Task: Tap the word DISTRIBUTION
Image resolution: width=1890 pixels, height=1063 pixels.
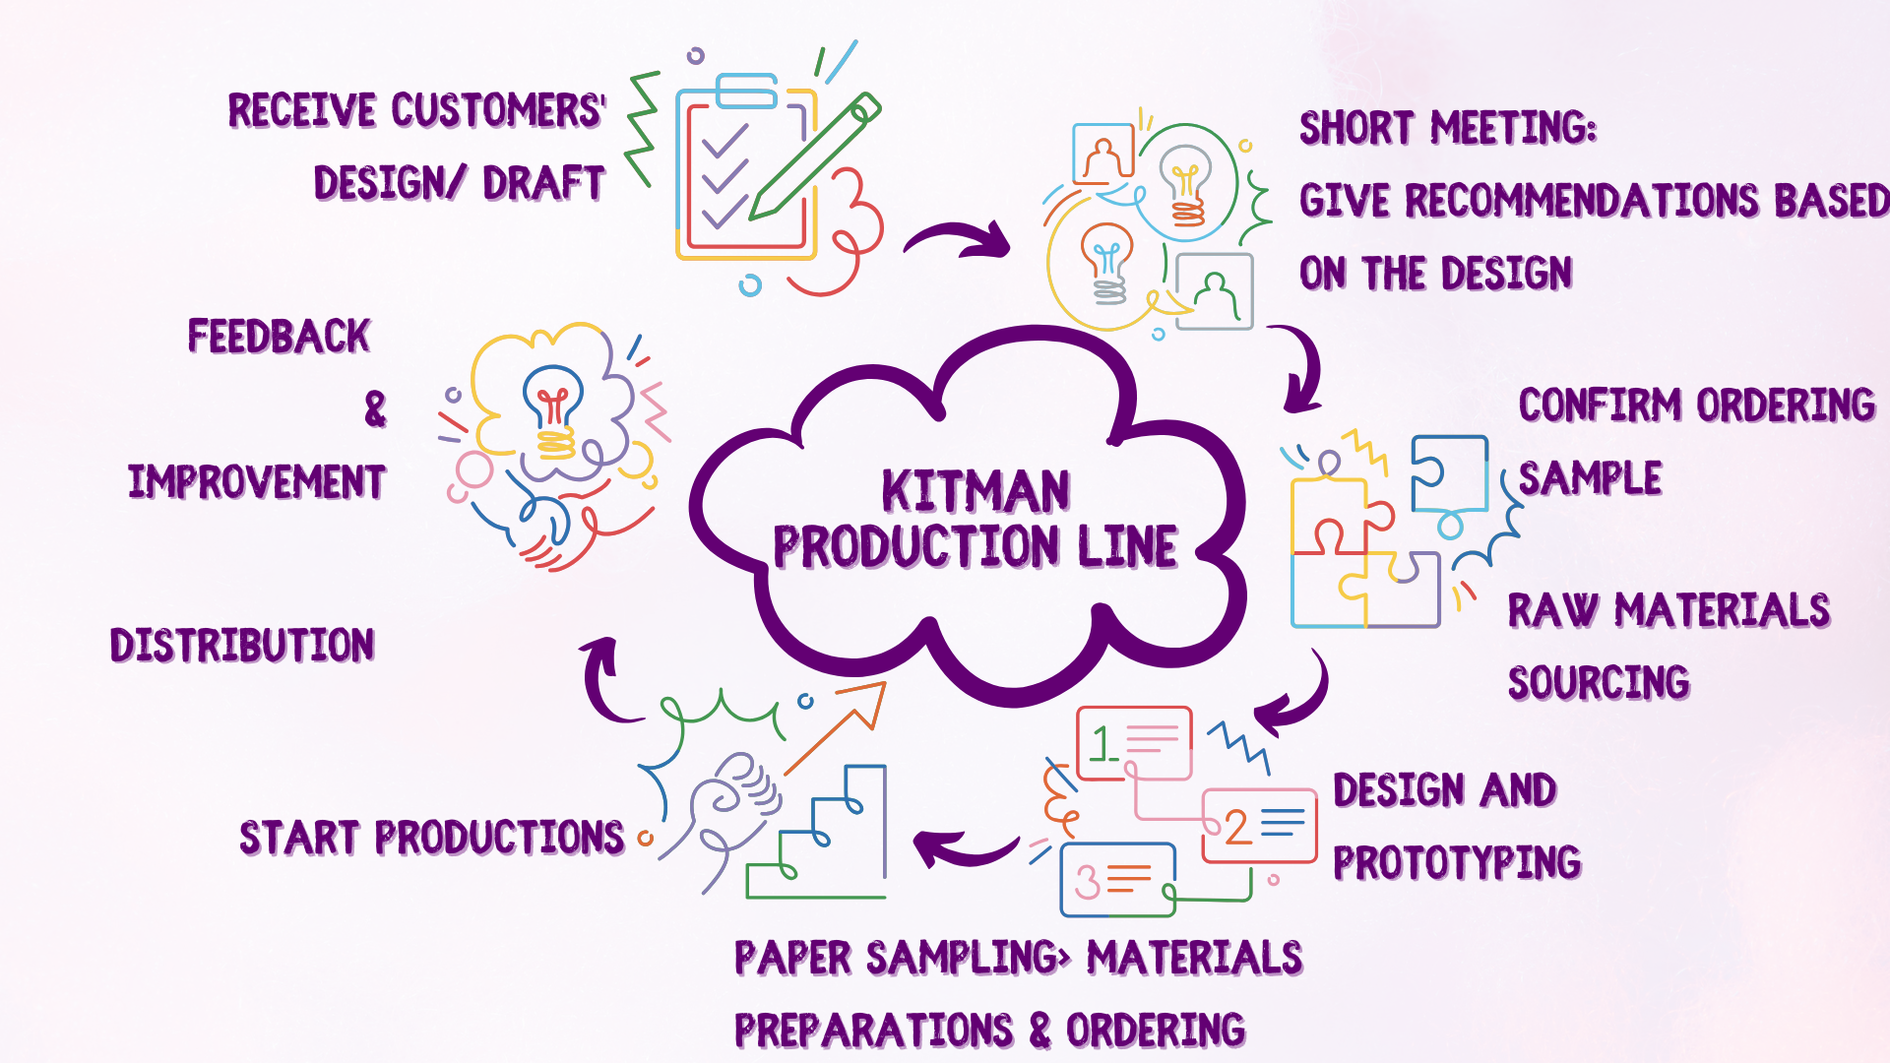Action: [x=242, y=646]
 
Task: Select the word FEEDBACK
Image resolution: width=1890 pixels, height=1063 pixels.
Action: [x=279, y=337]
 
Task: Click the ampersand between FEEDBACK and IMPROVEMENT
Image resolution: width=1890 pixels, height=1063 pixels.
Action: [x=375, y=408]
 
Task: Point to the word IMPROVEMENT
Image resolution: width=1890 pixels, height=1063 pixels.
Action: [x=257, y=482]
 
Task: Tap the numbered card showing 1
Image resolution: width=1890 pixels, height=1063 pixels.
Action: [x=1134, y=743]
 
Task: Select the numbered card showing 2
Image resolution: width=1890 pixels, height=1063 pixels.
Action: [x=1259, y=826]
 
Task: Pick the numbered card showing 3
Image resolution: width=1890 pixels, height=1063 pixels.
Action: [x=1117, y=879]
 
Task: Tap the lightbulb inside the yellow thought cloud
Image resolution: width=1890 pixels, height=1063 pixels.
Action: [x=553, y=408]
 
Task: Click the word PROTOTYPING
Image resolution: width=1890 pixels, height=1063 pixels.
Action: [x=1457, y=862]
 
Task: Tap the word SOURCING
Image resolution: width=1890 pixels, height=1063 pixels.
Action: [x=1599, y=683]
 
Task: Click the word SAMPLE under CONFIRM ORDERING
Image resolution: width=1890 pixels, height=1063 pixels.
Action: [x=1590, y=479]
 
